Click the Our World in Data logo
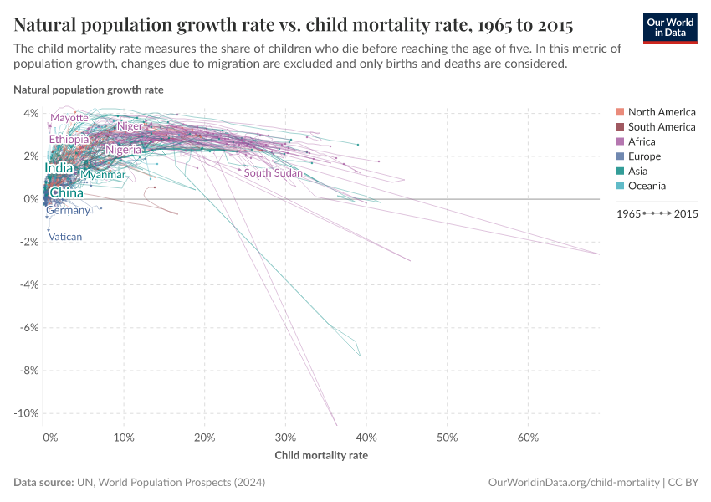(x=669, y=27)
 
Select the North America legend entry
(x=661, y=112)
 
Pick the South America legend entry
(x=661, y=127)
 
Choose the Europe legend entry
(x=644, y=156)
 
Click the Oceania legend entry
(x=647, y=186)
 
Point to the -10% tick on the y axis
(x=26, y=413)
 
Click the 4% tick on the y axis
(x=30, y=113)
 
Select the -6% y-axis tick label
(x=28, y=328)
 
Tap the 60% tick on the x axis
(x=528, y=438)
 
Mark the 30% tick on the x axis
(x=286, y=438)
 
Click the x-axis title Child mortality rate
(x=321, y=456)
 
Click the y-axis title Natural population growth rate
(x=89, y=90)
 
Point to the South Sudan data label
(x=274, y=173)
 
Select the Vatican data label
(x=65, y=237)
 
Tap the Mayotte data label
(x=69, y=118)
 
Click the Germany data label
(x=68, y=211)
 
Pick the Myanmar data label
(x=103, y=175)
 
